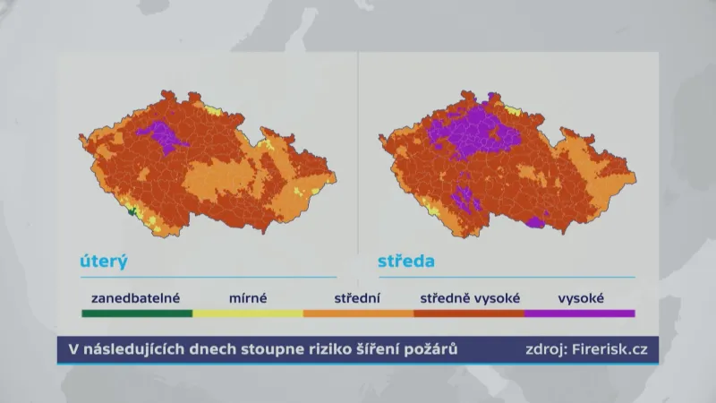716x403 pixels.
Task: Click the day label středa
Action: (x=405, y=262)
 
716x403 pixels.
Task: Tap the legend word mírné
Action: (x=247, y=297)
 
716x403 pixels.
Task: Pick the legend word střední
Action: (x=358, y=297)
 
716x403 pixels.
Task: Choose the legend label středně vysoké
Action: (x=471, y=297)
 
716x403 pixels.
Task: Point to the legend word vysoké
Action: (x=581, y=297)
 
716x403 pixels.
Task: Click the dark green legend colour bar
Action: (x=136, y=313)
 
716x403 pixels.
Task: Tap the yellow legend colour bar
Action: (x=247, y=313)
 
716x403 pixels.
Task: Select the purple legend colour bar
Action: (x=580, y=313)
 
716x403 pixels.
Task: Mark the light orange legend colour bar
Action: (x=358, y=313)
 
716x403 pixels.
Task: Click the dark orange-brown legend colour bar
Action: (x=469, y=313)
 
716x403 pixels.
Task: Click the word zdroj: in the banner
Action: (x=545, y=349)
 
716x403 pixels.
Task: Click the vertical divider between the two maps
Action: (x=358, y=161)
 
